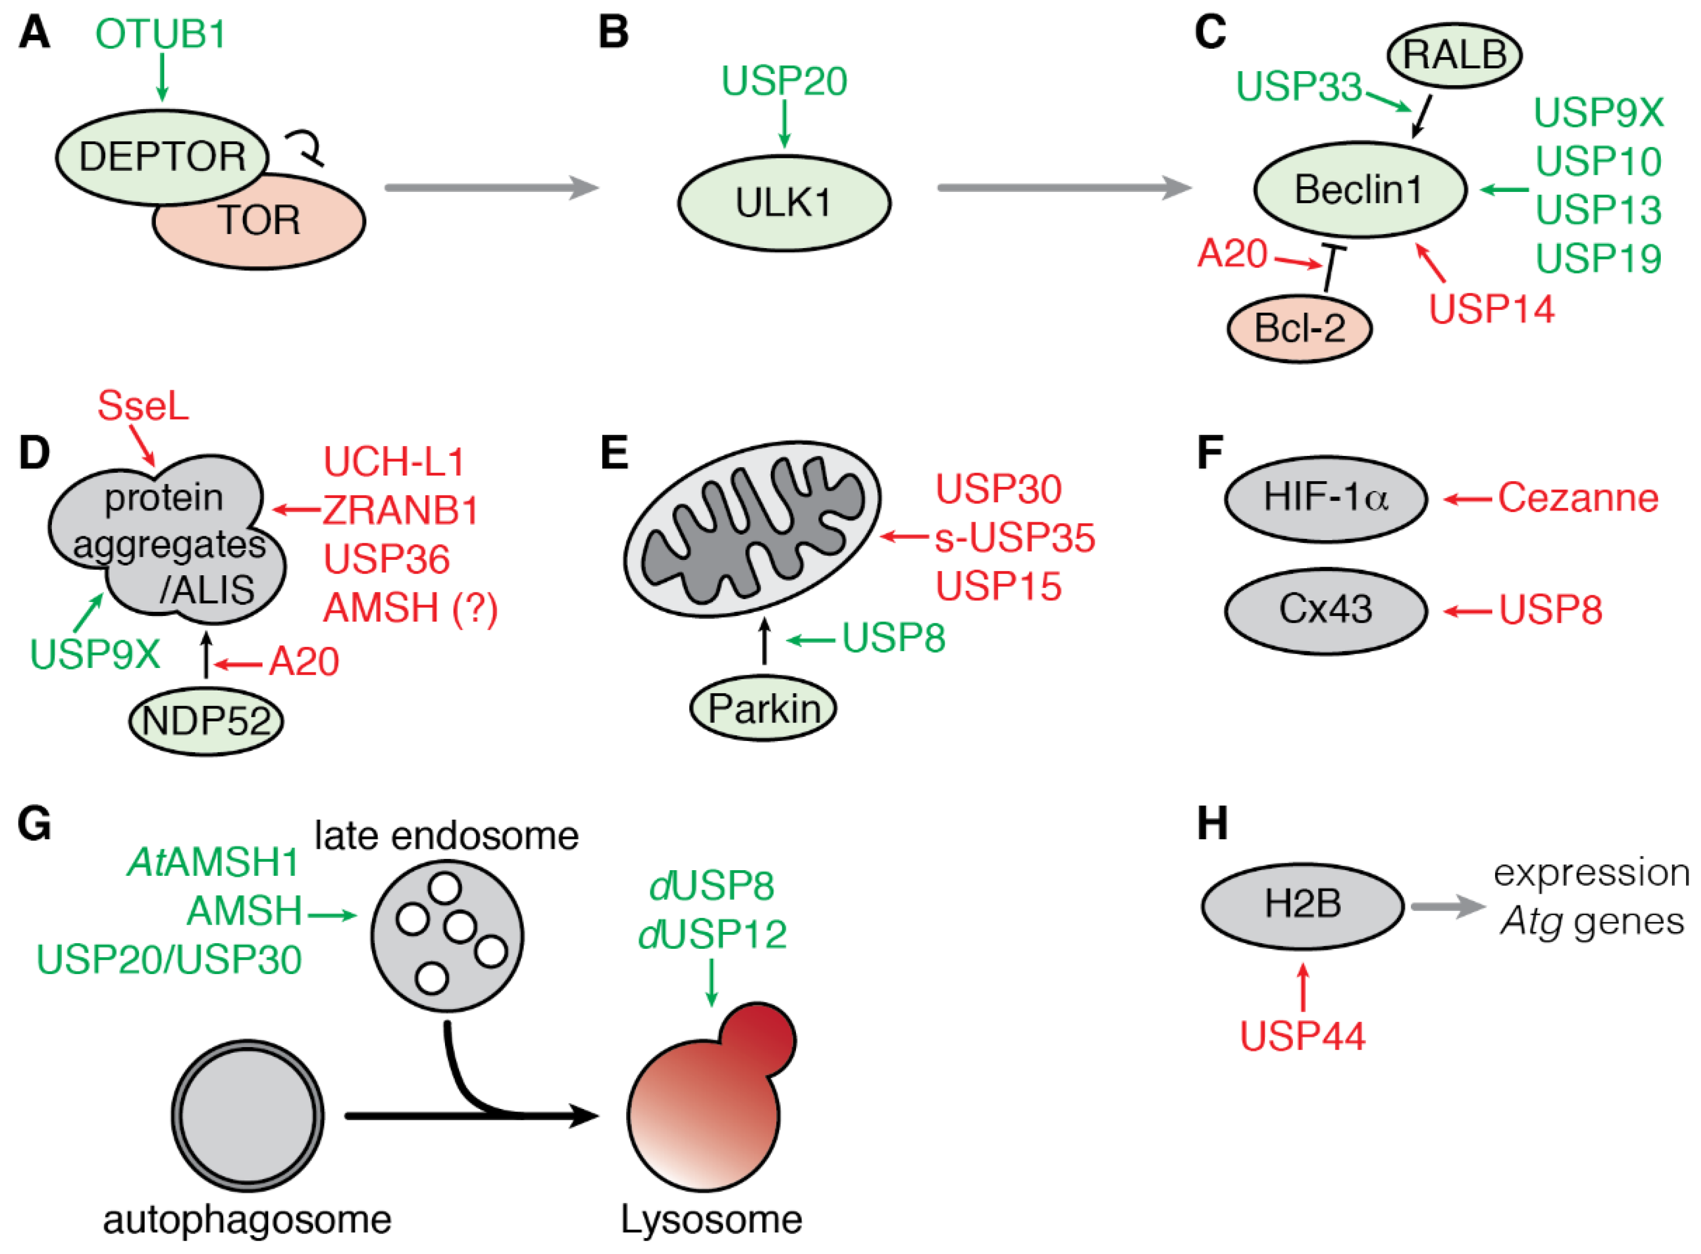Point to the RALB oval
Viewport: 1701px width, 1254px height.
click(1453, 55)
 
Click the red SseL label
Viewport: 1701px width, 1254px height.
click(143, 406)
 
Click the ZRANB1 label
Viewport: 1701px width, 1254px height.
click(401, 510)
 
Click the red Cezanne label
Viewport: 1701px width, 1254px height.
click(1578, 499)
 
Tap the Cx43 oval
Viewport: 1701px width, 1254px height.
click(1325, 610)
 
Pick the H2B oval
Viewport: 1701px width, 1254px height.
click(1302, 905)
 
